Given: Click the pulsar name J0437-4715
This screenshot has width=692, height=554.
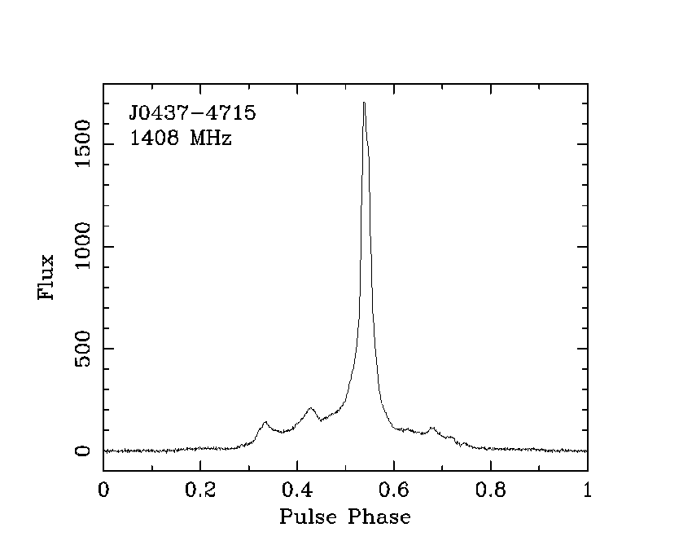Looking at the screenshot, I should tap(192, 113).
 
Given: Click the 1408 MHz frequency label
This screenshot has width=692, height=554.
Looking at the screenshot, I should tap(181, 139).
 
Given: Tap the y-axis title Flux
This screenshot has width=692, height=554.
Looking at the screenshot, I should tap(47, 278).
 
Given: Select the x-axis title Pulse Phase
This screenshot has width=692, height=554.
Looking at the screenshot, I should tap(344, 517).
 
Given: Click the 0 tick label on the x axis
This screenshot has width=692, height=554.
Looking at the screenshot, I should tap(103, 490).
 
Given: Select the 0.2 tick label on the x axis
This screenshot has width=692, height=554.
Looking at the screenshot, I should tap(200, 490).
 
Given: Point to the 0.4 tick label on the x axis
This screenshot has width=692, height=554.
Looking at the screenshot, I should tap(297, 490).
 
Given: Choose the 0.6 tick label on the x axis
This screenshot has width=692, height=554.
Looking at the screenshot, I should tap(394, 490).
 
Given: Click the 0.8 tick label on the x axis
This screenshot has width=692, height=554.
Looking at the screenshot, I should tap(491, 490).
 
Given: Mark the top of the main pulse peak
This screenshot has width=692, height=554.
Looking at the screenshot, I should tap(364, 103).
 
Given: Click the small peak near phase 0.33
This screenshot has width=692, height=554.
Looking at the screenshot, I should tap(265, 422).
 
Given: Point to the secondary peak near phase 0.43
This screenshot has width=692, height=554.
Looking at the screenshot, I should tap(310, 408).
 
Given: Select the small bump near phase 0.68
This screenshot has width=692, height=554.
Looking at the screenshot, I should tap(431, 427).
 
